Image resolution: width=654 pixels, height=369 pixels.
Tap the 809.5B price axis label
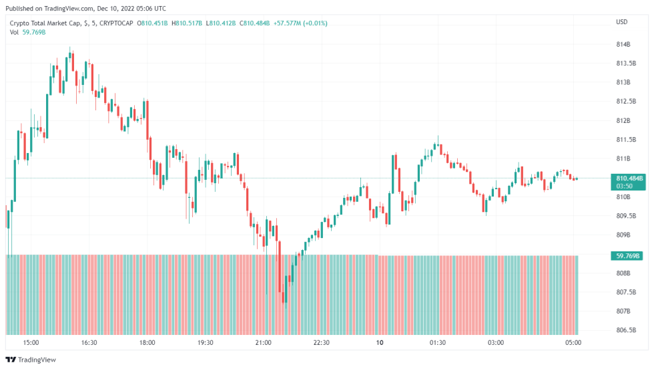(625, 216)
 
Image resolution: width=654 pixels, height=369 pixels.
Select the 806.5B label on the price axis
(625, 330)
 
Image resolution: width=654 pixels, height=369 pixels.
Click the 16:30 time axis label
(89, 342)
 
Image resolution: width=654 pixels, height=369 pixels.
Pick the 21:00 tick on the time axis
(263, 342)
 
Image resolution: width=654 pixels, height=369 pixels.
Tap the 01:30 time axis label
(437, 342)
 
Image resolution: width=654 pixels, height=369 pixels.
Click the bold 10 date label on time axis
(380, 342)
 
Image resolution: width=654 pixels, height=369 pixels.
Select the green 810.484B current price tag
(629, 178)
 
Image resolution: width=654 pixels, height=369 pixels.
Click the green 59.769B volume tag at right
(628, 255)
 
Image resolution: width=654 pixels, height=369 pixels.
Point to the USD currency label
(621, 22)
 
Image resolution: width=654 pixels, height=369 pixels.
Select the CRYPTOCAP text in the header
(115, 23)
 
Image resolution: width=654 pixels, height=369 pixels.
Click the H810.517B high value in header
(188, 23)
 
